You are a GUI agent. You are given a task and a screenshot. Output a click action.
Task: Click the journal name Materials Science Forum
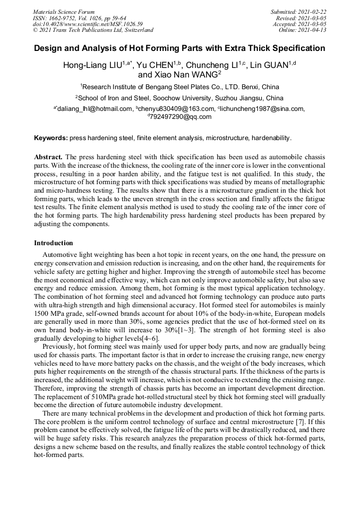coord(64,12)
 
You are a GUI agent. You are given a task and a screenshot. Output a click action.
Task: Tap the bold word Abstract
coord(48,158)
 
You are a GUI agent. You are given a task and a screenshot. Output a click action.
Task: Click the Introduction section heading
coord(54,243)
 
